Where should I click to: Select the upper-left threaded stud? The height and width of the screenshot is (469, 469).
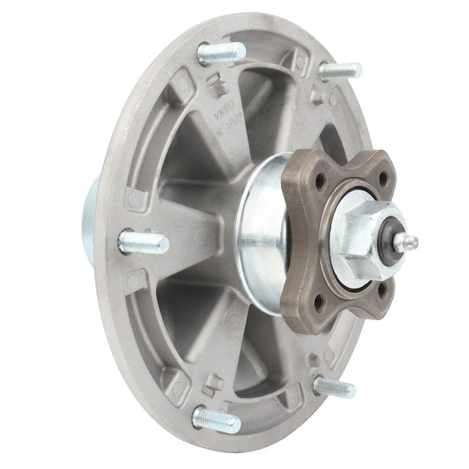click(220, 53)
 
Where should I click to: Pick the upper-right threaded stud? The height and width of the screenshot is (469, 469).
click(340, 71)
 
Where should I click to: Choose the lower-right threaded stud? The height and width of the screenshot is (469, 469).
click(334, 387)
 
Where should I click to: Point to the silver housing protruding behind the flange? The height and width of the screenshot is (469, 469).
click(93, 208)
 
